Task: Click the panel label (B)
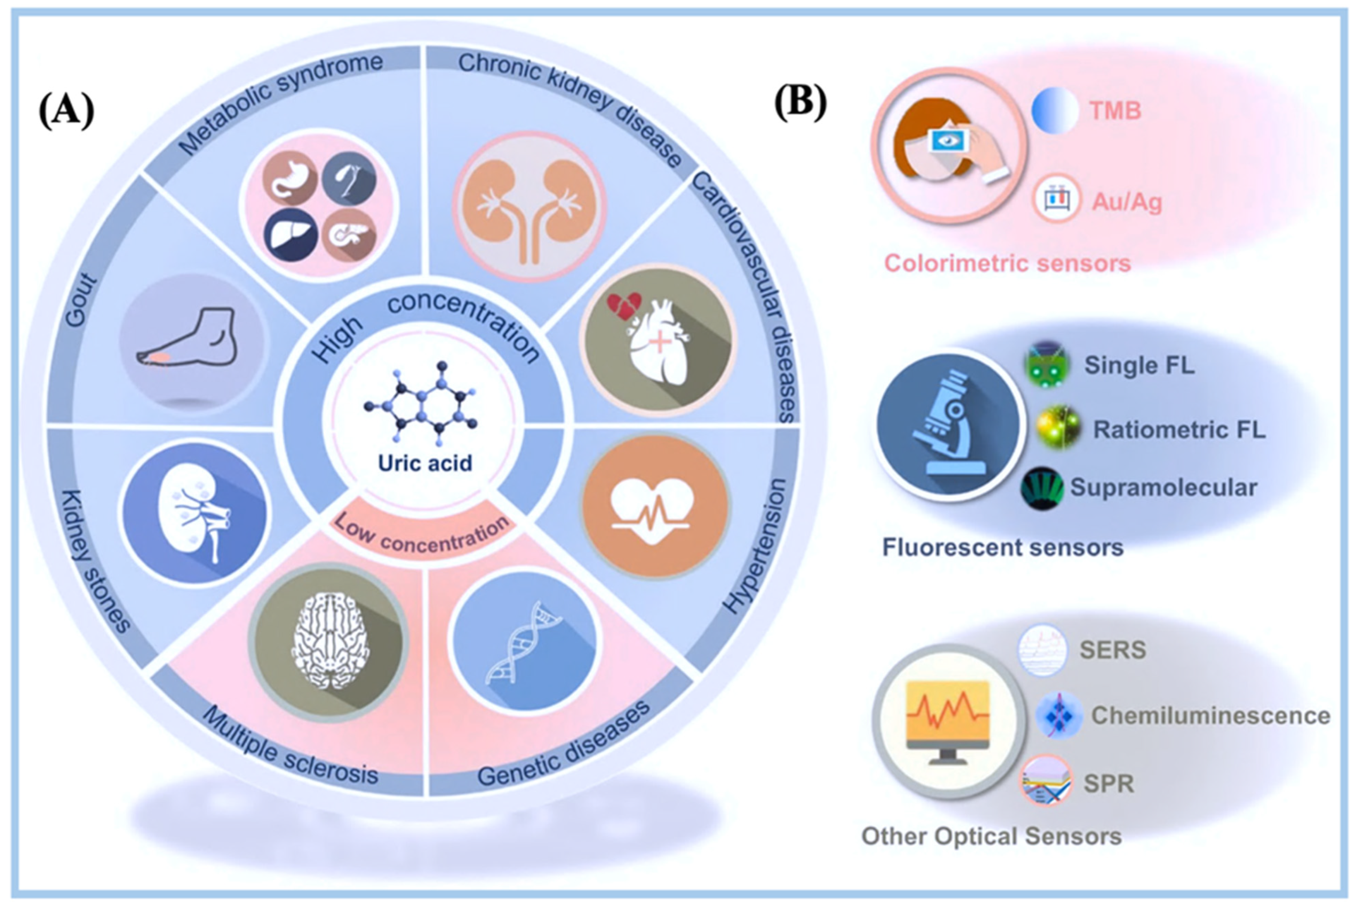pos(800,104)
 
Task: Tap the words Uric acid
pos(425,463)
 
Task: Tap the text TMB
pos(1115,110)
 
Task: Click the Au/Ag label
pos(1126,202)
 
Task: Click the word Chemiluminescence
pos(1210,716)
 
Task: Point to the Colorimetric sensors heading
pos(1007,263)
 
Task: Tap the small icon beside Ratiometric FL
pos(1057,428)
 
